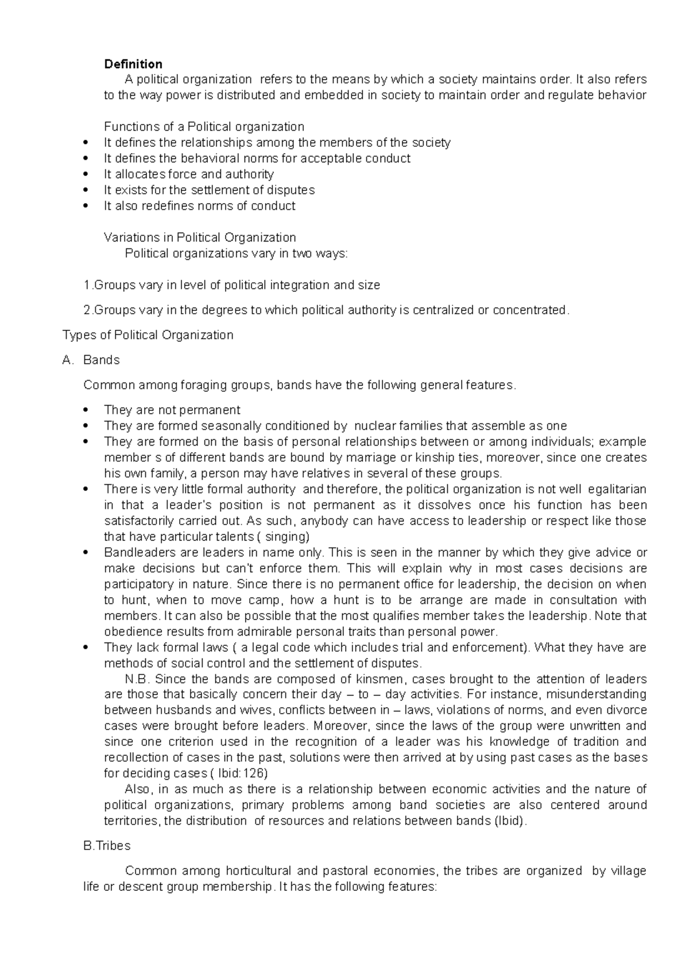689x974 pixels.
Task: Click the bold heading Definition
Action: point(133,64)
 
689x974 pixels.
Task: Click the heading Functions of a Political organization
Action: point(204,127)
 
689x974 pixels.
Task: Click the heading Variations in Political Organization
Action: point(200,237)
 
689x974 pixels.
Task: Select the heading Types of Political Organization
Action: point(148,335)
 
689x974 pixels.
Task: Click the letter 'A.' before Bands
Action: point(68,360)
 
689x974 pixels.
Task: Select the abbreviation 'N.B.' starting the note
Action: point(137,679)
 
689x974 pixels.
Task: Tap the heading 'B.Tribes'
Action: point(107,846)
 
